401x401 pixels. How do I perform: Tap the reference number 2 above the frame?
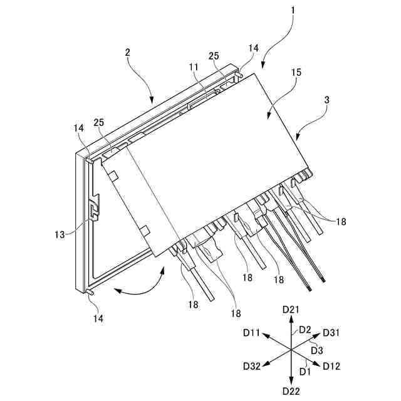pyautogui.click(x=127, y=53)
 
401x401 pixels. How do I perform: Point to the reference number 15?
pyautogui.click(x=296, y=73)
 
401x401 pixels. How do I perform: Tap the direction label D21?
pyautogui.click(x=291, y=310)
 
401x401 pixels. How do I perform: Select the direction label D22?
pyautogui.click(x=291, y=391)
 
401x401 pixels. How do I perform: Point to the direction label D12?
pyautogui.click(x=332, y=366)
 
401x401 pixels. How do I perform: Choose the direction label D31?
pyautogui.click(x=332, y=332)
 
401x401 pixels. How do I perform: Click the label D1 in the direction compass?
pyautogui.click(x=306, y=371)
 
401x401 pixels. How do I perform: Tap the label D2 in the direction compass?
pyautogui.click(x=305, y=329)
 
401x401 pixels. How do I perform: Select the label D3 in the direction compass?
pyautogui.click(x=317, y=350)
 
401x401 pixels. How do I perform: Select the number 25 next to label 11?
pyautogui.click(x=214, y=56)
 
